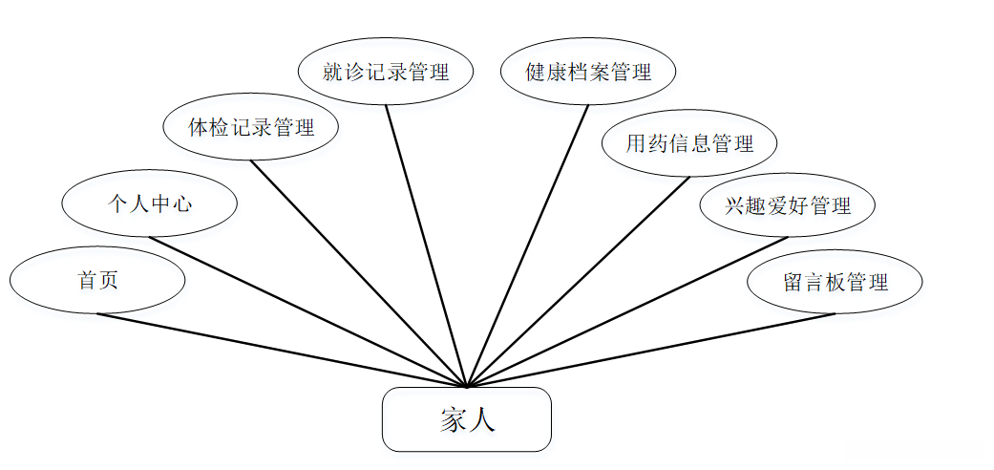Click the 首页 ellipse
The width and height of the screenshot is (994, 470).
click(x=97, y=281)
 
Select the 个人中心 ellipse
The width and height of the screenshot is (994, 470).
click(x=149, y=203)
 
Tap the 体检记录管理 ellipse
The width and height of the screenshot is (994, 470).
click(x=251, y=126)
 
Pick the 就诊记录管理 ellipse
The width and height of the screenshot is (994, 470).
click(x=386, y=72)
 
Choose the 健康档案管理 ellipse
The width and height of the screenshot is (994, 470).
click(x=588, y=72)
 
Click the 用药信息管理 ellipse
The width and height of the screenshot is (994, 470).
click(x=689, y=144)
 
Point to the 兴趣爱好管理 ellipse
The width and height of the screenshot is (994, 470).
click(x=787, y=204)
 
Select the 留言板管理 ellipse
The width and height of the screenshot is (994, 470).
click(x=835, y=282)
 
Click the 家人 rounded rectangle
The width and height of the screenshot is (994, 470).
click(x=467, y=419)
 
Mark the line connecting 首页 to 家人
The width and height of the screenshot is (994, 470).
click(x=282, y=350)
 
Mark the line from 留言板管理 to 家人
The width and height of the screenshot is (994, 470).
click(x=651, y=350)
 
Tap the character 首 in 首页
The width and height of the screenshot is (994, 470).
click(x=87, y=281)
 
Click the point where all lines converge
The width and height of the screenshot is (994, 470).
click(x=467, y=387)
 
